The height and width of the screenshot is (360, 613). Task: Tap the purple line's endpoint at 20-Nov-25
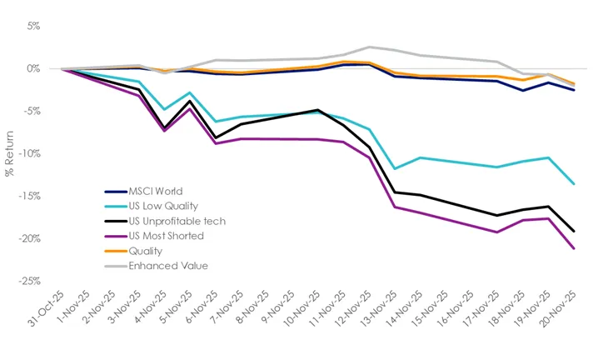tap(574, 248)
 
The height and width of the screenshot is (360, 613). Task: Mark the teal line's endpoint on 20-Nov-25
tap(574, 184)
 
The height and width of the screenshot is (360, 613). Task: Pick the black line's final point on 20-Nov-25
tap(574, 232)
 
